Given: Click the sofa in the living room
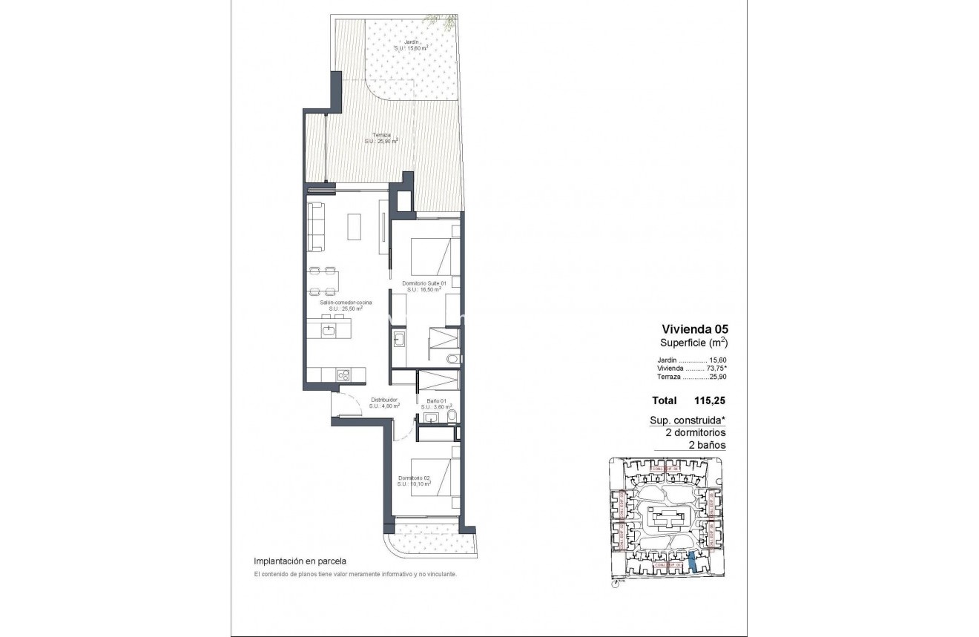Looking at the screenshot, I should coord(316,226).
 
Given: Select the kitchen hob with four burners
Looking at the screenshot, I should coord(343,375).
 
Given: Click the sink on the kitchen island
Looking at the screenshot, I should coord(329,331).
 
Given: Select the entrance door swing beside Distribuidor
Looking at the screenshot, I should coord(343,405).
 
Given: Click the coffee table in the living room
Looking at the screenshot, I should coord(355,226).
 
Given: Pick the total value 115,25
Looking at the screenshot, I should coord(709,400).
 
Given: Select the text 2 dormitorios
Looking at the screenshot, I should coord(688,432).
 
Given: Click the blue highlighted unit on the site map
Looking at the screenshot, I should coord(692,563).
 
